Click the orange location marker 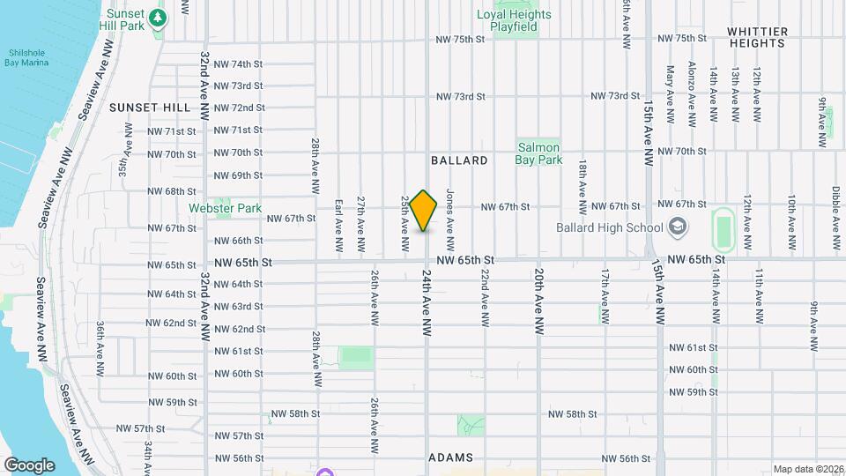click(424, 210)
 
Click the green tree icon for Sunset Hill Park click(158, 17)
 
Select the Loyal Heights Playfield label click(514, 20)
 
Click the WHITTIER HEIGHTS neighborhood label click(757, 37)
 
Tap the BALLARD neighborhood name click(459, 160)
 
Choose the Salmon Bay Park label click(539, 154)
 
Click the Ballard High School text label click(609, 227)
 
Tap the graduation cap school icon click(677, 228)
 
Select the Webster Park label click(226, 208)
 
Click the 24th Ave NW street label click(426, 301)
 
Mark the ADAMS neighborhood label click(450, 457)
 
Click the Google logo click(29, 465)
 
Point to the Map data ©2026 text click(808, 469)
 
